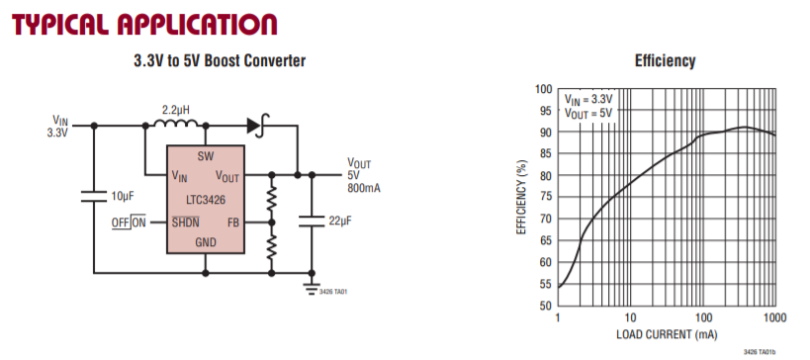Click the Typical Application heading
pos(144,25)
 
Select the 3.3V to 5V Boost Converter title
pos(220,60)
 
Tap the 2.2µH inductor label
pos(176,110)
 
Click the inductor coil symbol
pos(176,124)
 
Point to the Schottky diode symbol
pos(258,125)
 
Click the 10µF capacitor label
pos(124,196)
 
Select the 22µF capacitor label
pos(340,222)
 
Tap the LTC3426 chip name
pos(205,200)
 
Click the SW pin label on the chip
pos(205,156)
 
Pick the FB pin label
pos(233,223)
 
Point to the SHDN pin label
pos(186,223)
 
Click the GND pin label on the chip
pos(206,242)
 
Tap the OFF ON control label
pos(129,223)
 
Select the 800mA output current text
pos(364,188)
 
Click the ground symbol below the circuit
pos(311,289)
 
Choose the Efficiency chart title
pos(665,61)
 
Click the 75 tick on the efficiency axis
pos(545,197)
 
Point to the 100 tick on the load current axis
pos(703,317)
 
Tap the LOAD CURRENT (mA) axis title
pos(667,334)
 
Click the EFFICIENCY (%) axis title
pos(521,196)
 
